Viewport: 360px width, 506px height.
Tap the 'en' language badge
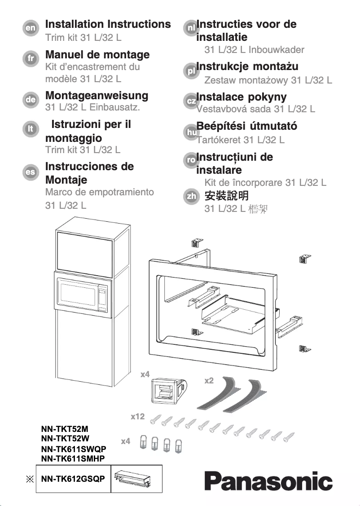click(31, 28)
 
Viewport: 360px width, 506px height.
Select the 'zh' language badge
click(192, 197)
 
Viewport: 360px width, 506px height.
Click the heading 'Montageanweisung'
click(97, 95)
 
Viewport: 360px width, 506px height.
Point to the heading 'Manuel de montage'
click(97, 55)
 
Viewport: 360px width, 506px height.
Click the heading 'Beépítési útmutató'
click(246, 126)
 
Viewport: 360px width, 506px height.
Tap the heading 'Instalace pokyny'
click(241, 97)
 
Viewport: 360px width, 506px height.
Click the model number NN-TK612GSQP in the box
click(73, 479)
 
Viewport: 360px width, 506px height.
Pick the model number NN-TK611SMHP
click(74, 458)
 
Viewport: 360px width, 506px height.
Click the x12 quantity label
click(138, 417)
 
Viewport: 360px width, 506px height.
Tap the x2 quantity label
click(209, 381)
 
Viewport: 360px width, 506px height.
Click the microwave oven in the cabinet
click(83, 294)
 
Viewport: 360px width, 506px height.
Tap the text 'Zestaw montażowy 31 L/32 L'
click(268, 80)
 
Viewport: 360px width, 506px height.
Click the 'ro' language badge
click(191, 160)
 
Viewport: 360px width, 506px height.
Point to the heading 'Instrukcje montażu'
click(247, 66)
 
